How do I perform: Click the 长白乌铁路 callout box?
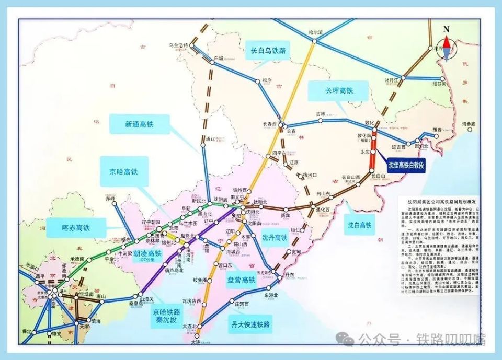pos(268,51)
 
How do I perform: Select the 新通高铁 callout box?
pos(139,124)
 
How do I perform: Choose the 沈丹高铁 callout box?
pos(274,237)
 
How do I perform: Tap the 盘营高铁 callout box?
pos(241,280)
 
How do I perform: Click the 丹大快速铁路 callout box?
pos(250,324)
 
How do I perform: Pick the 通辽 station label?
pos(210,138)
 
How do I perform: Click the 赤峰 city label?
pos(109,199)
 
